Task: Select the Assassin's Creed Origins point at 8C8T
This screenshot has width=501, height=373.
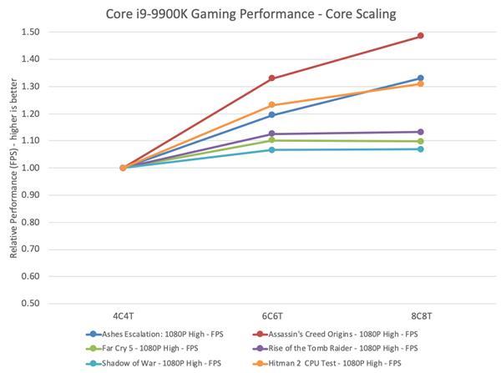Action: coord(420,36)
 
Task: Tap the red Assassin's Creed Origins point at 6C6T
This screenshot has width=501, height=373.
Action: coord(271,78)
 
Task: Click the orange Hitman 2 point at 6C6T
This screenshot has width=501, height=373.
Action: coord(271,105)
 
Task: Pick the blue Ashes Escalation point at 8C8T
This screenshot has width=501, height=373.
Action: coord(420,78)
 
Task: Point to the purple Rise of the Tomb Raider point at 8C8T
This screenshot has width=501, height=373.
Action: coord(420,132)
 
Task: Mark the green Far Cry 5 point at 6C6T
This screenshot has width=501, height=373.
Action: coord(271,140)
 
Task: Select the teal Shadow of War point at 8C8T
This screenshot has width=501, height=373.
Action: coord(420,149)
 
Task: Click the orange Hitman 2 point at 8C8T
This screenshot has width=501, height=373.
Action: coord(420,83)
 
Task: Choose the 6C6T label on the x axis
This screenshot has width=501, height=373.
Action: coord(271,318)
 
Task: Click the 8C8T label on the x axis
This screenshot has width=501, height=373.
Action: coord(420,318)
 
